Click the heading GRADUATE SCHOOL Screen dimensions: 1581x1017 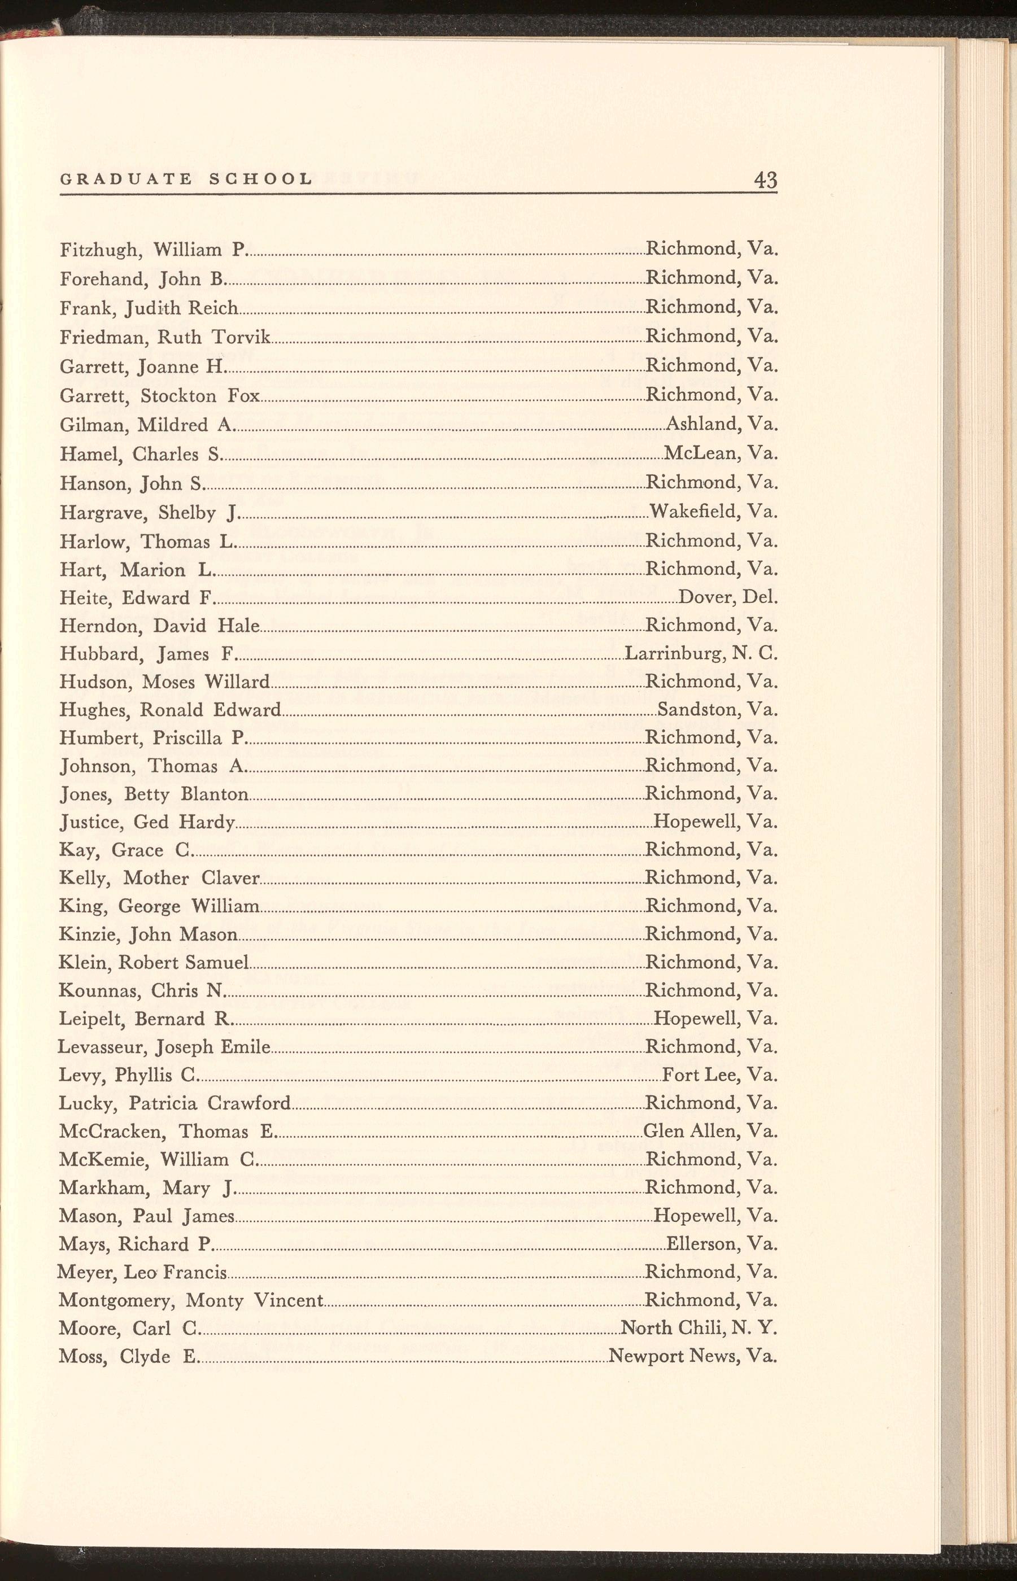tap(186, 179)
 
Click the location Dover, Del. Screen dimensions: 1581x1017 tap(728, 597)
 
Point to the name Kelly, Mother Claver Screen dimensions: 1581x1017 tap(159, 878)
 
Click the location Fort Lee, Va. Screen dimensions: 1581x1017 tap(719, 1075)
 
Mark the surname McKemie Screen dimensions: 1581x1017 tap(101, 1160)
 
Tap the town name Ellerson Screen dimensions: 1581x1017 tap(702, 1244)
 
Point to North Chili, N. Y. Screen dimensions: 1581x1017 tap(699, 1327)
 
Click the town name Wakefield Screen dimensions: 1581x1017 tap(694, 511)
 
